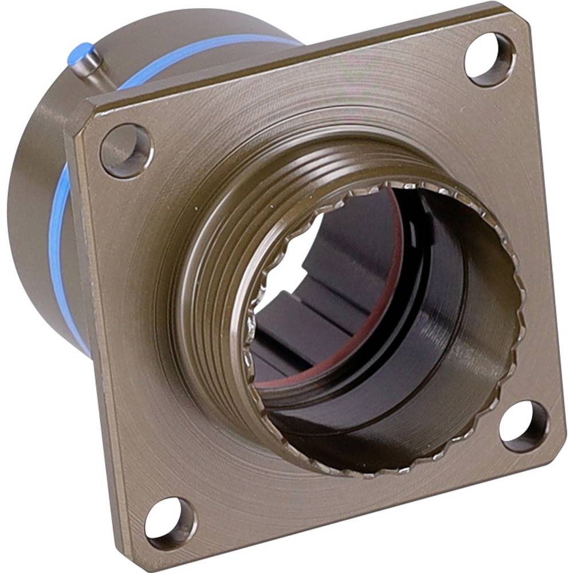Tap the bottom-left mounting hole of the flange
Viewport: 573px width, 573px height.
pyautogui.click(x=170, y=524)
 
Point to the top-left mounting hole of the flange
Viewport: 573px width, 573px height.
pyautogui.click(x=126, y=151)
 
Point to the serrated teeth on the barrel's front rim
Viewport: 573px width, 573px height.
pyautogui.click(x=516, y=321)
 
